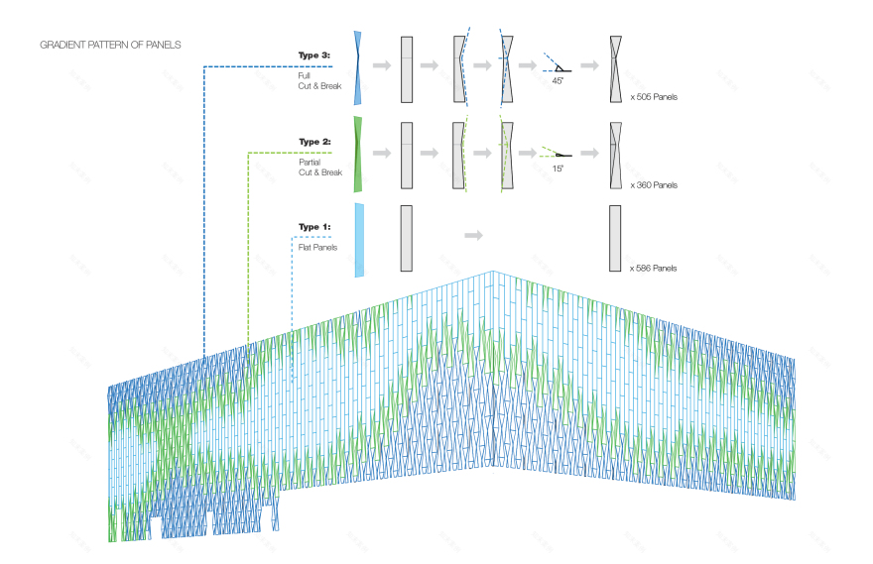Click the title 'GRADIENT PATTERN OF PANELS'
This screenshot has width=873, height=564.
tap(110, 46)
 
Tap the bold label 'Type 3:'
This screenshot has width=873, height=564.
tap(314, 56)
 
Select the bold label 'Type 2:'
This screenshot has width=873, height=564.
tap(314, 142)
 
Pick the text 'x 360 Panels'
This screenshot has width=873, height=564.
tap(653, 185)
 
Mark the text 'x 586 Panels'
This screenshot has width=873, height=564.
tap(653, 269)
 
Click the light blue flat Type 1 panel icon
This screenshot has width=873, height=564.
tap(359, 239)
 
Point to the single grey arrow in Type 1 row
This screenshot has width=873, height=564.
tap(473, 235)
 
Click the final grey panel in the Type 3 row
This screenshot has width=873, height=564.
tap(616, 68)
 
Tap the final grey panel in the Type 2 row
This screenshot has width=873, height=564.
tap(616, 155)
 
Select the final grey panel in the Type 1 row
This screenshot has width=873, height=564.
tap(616, 238)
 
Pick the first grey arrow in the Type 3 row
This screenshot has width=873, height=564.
tap(381, 66)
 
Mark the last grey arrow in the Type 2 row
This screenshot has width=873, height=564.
tap(589, 153)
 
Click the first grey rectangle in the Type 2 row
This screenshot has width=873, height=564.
tap(406, 155)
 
